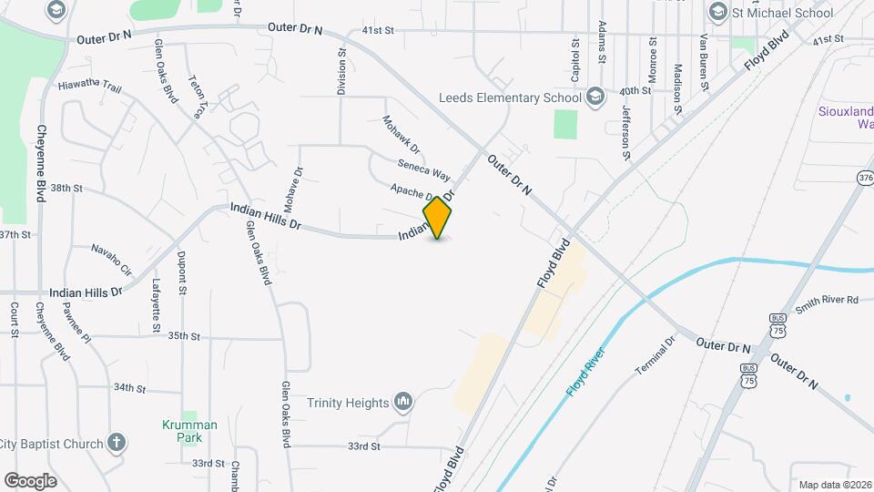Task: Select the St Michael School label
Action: [781, 13]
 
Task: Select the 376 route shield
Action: [864, 179]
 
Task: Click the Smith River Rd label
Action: [827, 299]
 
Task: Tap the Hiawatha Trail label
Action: [89, 86]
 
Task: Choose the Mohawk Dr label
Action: [401, 135]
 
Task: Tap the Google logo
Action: [30, 480]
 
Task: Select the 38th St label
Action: [66, 188]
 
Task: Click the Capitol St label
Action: [575, 56]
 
